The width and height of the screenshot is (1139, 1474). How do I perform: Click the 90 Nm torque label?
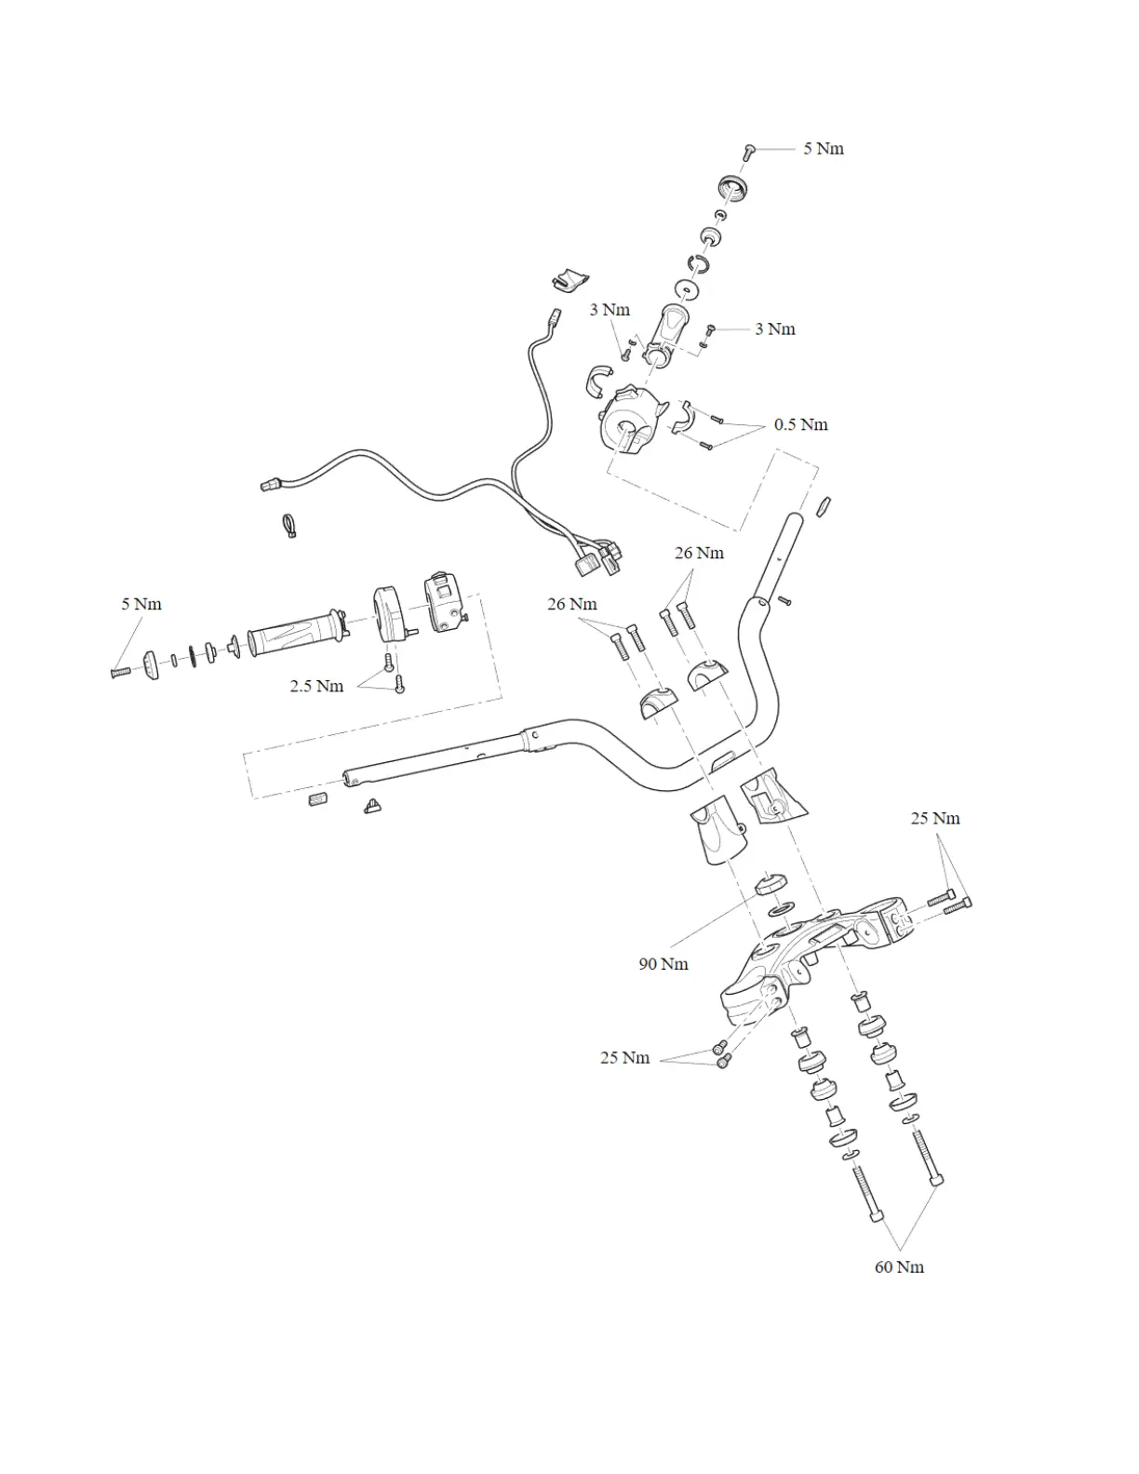(x=663, y=964)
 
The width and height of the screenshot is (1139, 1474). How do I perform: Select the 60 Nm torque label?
(x=899, y=1266)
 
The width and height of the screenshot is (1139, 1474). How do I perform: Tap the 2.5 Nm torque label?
(x=316, y=686)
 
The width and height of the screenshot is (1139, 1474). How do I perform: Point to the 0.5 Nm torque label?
(x=800, y=424)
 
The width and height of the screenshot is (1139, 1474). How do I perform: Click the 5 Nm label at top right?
(x=824, y=149)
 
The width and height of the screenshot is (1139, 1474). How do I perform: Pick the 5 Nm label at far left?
(x=141, y=604)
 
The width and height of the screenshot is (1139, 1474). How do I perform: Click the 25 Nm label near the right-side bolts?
(x=935, y=819)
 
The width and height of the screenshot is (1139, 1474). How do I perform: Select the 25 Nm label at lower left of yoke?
(x=624, y=1058)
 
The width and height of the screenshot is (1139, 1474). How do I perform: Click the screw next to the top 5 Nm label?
(x=749, y=150)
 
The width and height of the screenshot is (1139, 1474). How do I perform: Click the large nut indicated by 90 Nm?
(x=771, y=883)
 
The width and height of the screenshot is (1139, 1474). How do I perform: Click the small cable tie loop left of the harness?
(x=288, y=526)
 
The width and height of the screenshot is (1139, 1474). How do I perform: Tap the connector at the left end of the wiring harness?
(x=269, y=485)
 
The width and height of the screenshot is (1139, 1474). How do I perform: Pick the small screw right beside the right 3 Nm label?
(x=711, y=329)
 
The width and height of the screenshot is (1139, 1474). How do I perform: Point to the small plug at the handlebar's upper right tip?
(x=824, y=505)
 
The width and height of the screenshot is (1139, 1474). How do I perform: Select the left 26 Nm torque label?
(x=571, y=604)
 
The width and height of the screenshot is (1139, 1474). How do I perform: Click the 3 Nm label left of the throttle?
(x=610, y=310)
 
